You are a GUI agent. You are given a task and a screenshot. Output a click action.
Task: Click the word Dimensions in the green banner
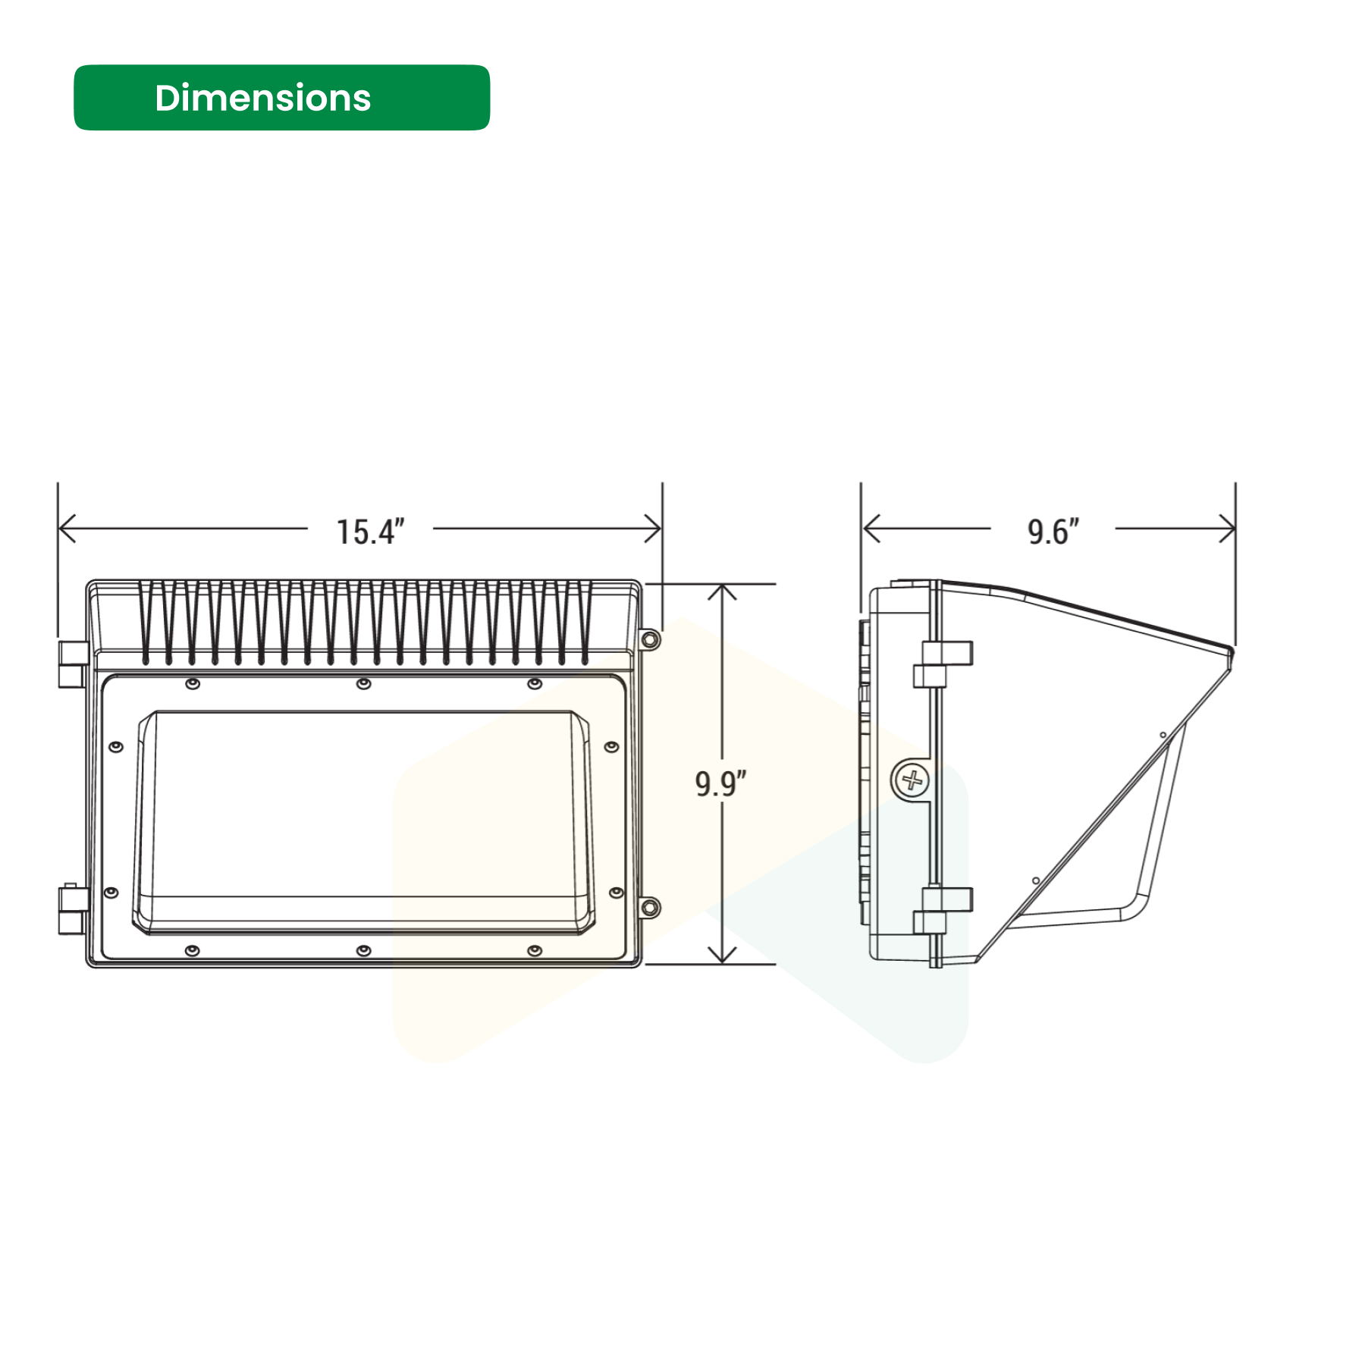[x=262, y=98]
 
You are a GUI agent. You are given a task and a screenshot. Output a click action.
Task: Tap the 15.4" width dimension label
[x=370, y=532]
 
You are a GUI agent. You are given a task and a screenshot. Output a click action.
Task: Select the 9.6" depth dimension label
[x=1053, y=532]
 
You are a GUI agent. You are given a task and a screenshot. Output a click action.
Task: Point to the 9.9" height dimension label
[x=720, y=783]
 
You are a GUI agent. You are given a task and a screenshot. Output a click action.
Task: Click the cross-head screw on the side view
[x=912, y=780]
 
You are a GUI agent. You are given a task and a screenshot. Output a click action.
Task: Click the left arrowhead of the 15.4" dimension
[x=67, y=528]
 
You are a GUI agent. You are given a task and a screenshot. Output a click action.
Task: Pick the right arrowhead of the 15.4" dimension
[x=653, y=528]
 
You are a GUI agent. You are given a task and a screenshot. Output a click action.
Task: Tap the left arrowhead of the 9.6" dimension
[x=871, y=528]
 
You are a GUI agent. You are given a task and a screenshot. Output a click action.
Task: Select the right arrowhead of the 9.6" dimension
[x=1226, y=528]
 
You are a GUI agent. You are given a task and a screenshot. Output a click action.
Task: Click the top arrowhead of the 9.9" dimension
[x=722, y=592]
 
